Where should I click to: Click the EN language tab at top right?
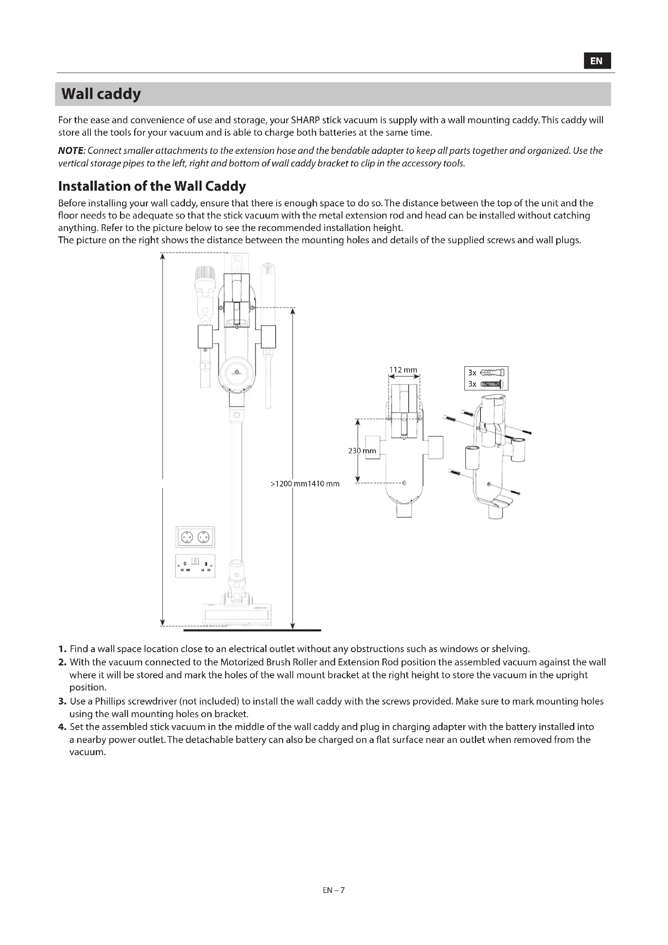(x=597, y=61)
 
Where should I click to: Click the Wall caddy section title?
(x=101, y=94)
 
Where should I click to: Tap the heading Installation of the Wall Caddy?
(x=152, y=186)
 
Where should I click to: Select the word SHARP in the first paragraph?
(x=305, y=120)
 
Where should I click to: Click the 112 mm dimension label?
(x=403, y=370)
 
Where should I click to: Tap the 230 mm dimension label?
(x=362, y=451)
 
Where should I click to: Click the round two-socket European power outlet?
(x=195, y=537)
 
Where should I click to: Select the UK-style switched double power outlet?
(x=195, y=566)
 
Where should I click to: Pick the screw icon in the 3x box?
(x=492, y=384)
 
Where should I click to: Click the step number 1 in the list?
(x=62, y=649)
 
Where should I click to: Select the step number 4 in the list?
(x=62, y=727)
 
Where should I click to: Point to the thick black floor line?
(x=252, y=630)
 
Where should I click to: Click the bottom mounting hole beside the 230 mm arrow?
(x=404, y=483)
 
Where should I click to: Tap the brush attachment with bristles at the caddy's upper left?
(x=205, y=278)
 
